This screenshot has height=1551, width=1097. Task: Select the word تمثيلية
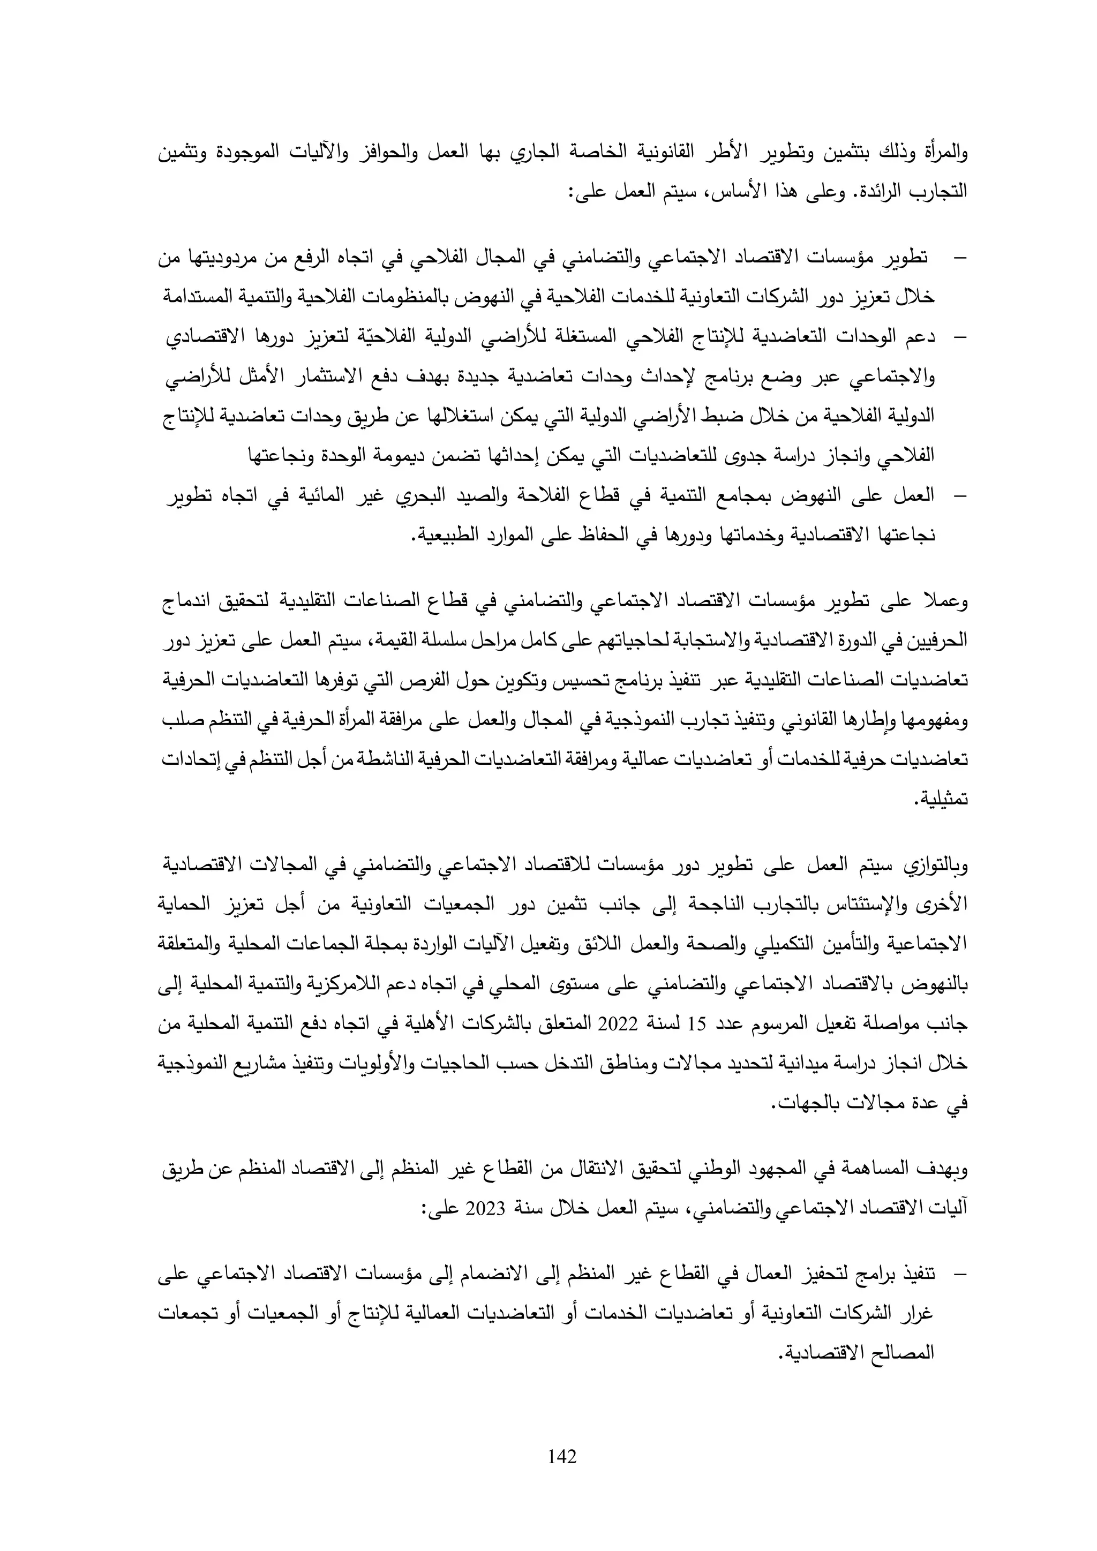click(942, 800)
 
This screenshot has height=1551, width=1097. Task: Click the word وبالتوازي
click(931, 868)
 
